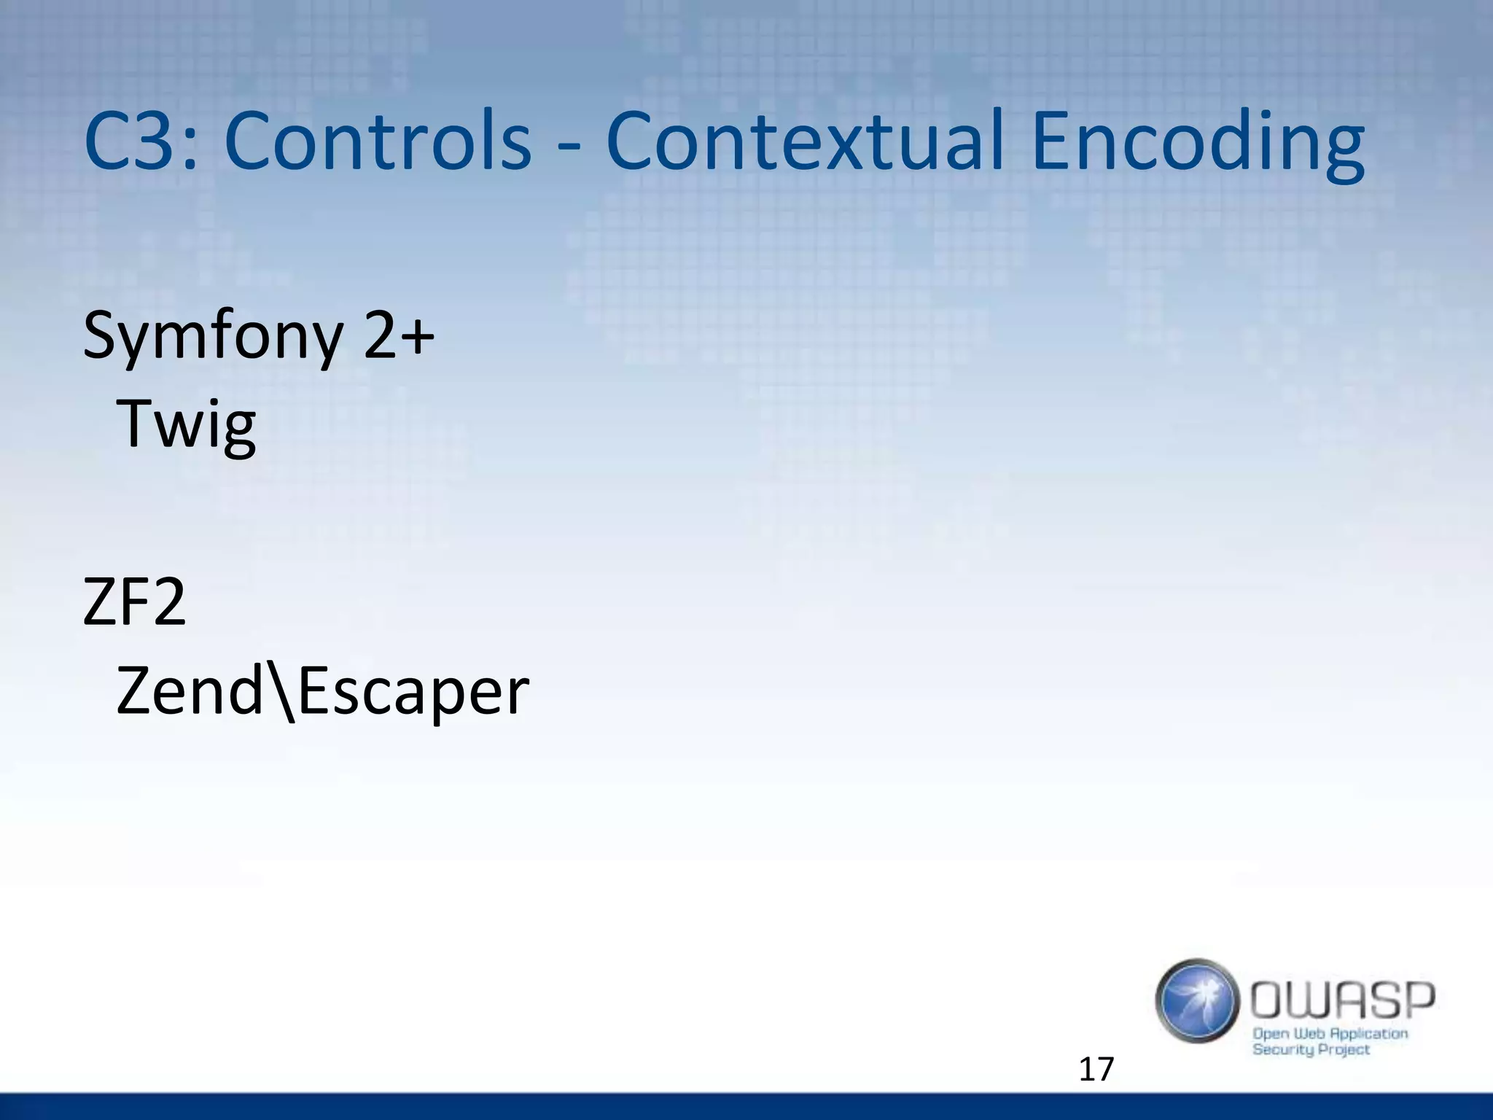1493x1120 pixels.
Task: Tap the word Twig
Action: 187,424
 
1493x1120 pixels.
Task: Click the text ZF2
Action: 135,602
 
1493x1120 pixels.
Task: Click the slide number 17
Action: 1096,1069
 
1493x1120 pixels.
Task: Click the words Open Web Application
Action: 1330,1033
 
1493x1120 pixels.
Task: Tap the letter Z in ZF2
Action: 99,602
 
